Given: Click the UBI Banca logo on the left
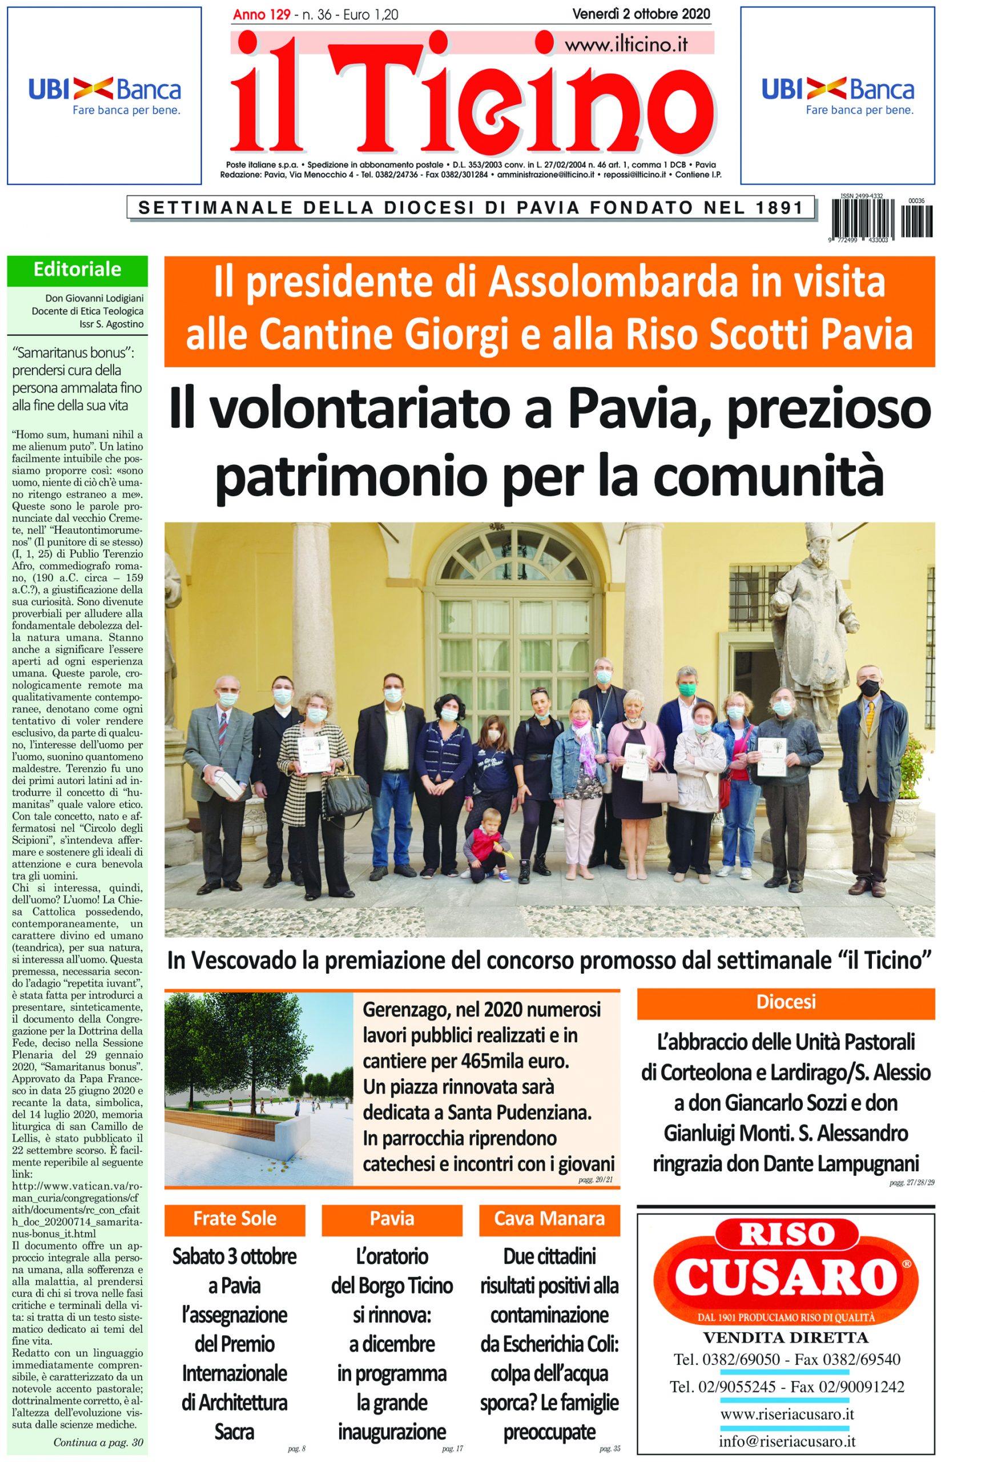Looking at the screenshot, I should click(104, 95).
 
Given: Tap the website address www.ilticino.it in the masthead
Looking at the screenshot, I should click(626, 45).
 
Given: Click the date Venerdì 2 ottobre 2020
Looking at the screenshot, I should click(641, 14).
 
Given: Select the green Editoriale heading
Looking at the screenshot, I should click(77, 270).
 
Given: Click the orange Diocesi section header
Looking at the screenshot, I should click(785, 1002).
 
